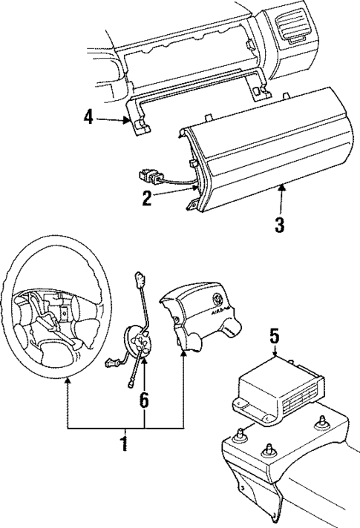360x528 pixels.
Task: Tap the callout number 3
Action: [280, 225]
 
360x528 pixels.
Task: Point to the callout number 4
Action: [89, 117]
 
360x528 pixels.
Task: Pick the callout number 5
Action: [274, 337]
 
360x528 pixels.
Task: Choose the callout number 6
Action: [144, 401]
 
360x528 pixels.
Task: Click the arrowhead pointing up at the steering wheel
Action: [68, 380]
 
